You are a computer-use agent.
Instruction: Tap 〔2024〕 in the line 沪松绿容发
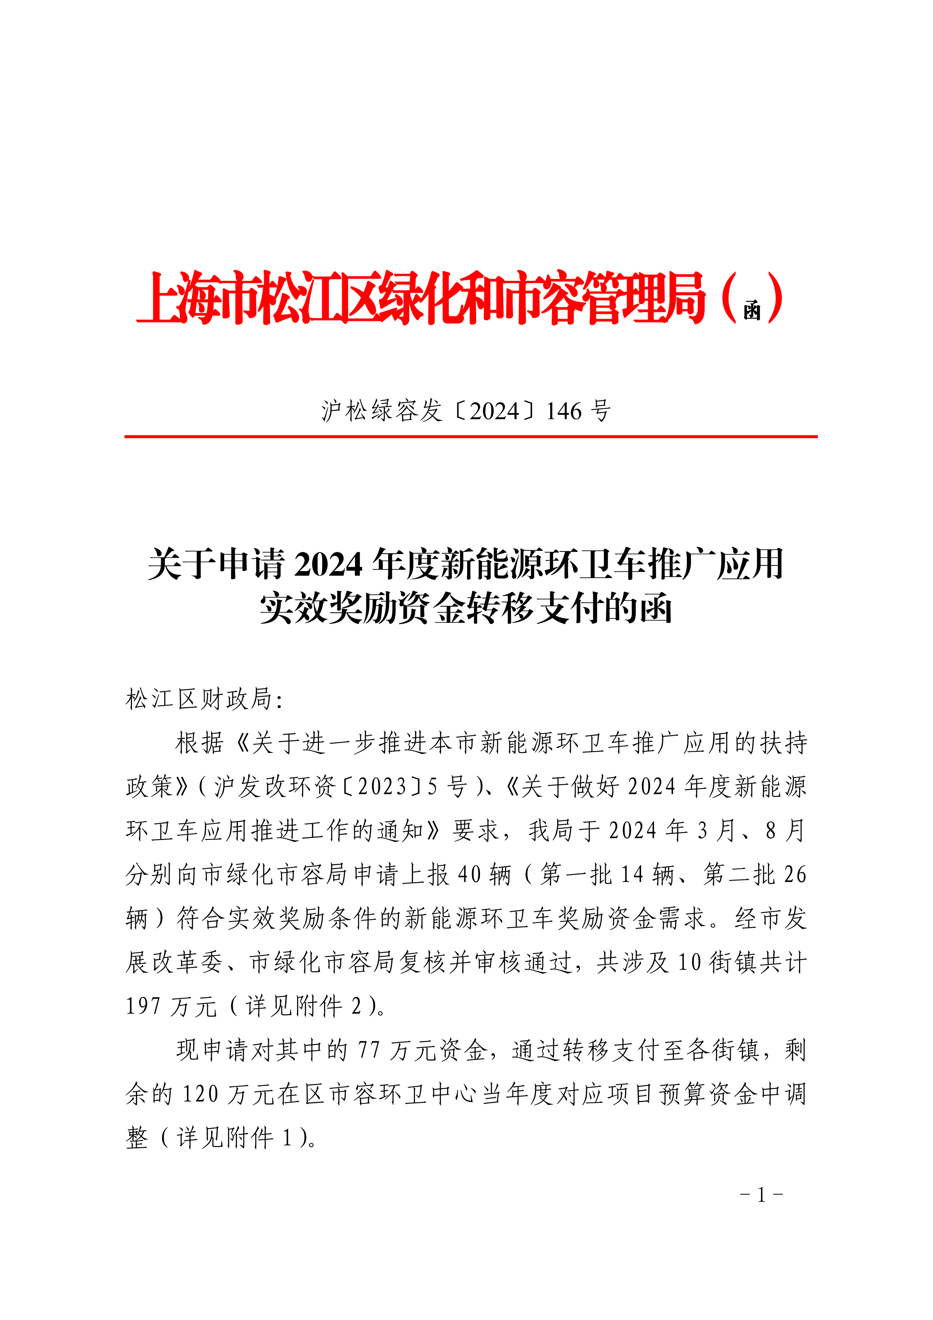pyautogui.click(x=495, y=411)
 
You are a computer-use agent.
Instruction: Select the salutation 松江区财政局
pyautogui.click(x=199, y=699)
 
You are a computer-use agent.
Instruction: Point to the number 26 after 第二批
pyautogui.click(x=795, y=874)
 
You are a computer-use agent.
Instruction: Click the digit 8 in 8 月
pyautogui.click(x=770, y=831)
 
